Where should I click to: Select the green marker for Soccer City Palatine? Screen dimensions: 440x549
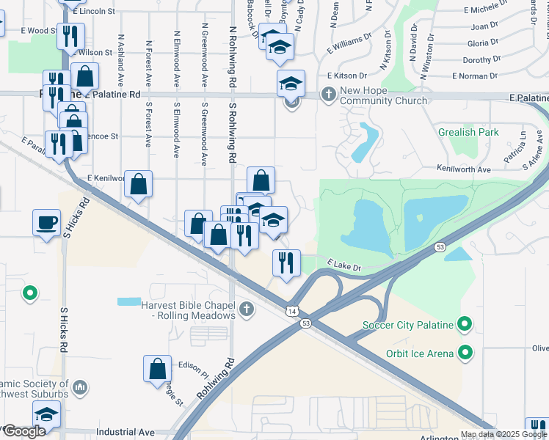(464, 323)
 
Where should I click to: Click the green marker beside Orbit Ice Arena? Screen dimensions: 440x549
(464, 353)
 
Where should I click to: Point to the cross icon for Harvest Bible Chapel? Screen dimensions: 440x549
(247, 309)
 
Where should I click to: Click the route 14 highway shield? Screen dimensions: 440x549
(292, 312)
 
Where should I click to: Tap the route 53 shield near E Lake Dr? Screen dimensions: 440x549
(440, 248)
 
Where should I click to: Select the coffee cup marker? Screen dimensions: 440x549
(47, 222)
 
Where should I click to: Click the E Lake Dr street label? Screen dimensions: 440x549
(345, 264)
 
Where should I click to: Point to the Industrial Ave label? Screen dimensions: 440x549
(126, 433)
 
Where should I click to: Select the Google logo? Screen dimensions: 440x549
(23, 431)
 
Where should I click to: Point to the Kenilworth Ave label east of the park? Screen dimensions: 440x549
(465, 169)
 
